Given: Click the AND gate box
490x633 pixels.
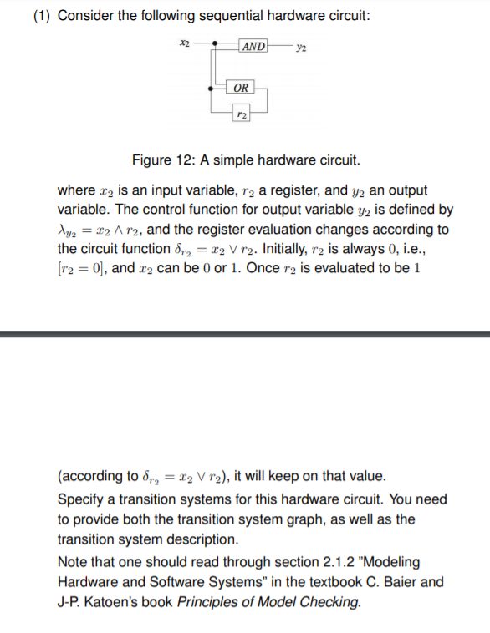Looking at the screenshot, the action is (253, 46).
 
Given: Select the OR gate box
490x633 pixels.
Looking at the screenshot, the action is (240, 87).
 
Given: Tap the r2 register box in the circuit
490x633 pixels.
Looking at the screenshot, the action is (241, 112).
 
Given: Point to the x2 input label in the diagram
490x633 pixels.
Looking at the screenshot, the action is (185, 42).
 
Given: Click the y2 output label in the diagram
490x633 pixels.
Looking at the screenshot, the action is (301, 48).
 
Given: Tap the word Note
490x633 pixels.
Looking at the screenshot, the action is (74, 561).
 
